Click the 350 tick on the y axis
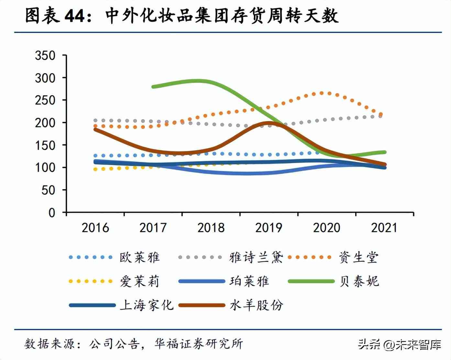click(45, 55)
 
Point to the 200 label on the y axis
click(45, 123)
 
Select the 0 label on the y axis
click(52, 213)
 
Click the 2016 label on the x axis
click(95, 228)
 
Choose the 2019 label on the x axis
click(269, 228)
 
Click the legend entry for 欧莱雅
click(139, 257)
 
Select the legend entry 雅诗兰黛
click(256, 257)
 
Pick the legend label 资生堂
click(358, 257)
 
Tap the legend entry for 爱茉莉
click(139, 281)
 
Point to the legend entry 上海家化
click(147, 305)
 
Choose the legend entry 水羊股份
click(256, 305)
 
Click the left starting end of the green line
click(153, 86)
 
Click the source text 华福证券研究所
click(199, 344)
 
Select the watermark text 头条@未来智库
click(400, 344)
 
